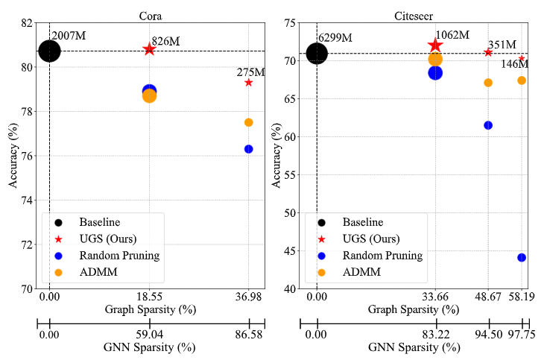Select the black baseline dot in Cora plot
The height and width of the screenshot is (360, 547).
tap(49, 51)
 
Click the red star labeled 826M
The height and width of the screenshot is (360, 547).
tap(149, 49)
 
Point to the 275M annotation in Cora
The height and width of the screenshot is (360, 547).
tap(250, 72)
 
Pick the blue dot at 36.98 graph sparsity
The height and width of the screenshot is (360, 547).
tap(248, 149)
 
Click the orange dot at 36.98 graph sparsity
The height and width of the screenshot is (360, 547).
tap(248, 122)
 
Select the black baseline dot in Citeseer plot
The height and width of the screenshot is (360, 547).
tap(317, 54)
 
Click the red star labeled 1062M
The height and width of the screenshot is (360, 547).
tap(435, 46)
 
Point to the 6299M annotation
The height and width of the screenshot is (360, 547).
tap(335, 38)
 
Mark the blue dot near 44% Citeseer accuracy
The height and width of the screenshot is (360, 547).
tap(522, 257)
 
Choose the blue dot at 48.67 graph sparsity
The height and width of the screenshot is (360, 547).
tap(488, 125)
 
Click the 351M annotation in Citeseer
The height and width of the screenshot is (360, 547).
tap(502, 45)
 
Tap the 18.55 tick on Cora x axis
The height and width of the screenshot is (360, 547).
tap(149, 297)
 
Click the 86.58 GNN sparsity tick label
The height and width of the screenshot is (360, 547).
tap(248, 335)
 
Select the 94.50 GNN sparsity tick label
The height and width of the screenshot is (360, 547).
tap(488, 335)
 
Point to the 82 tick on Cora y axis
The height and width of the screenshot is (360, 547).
tap(27, 23)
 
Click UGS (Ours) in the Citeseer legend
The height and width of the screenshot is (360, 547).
tap(370, 239)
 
